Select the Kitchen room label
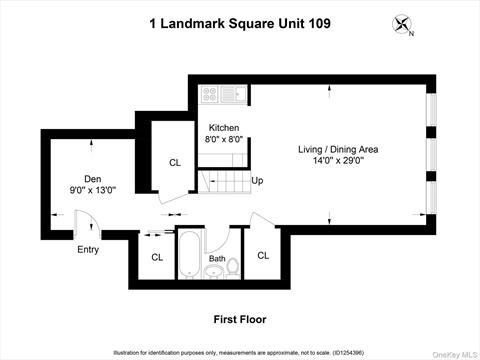point(224,128)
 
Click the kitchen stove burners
point(212,95)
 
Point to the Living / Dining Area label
point(338,149)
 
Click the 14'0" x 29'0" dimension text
point(338,161)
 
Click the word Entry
point(88,249)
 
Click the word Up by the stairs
point(257,181)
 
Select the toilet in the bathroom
point(232,266)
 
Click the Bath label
point(216,259)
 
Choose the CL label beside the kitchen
point(174,162)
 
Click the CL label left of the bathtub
point(157,257)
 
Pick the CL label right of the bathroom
point(263,255)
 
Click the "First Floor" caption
point(240,319)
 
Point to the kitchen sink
point(236,94)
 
